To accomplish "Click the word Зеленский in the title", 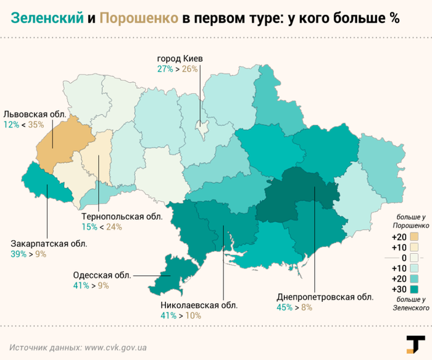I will click(x=47, y=19).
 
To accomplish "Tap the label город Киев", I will click(x=180, y=59).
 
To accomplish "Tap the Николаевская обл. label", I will click(x=199, y=305).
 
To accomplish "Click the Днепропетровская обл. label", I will click(x=326, y=296).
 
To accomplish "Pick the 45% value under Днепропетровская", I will click(x=285, y=307).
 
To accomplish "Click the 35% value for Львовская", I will click(x=36, y=125).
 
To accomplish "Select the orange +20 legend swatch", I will click(x=414, y=237).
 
